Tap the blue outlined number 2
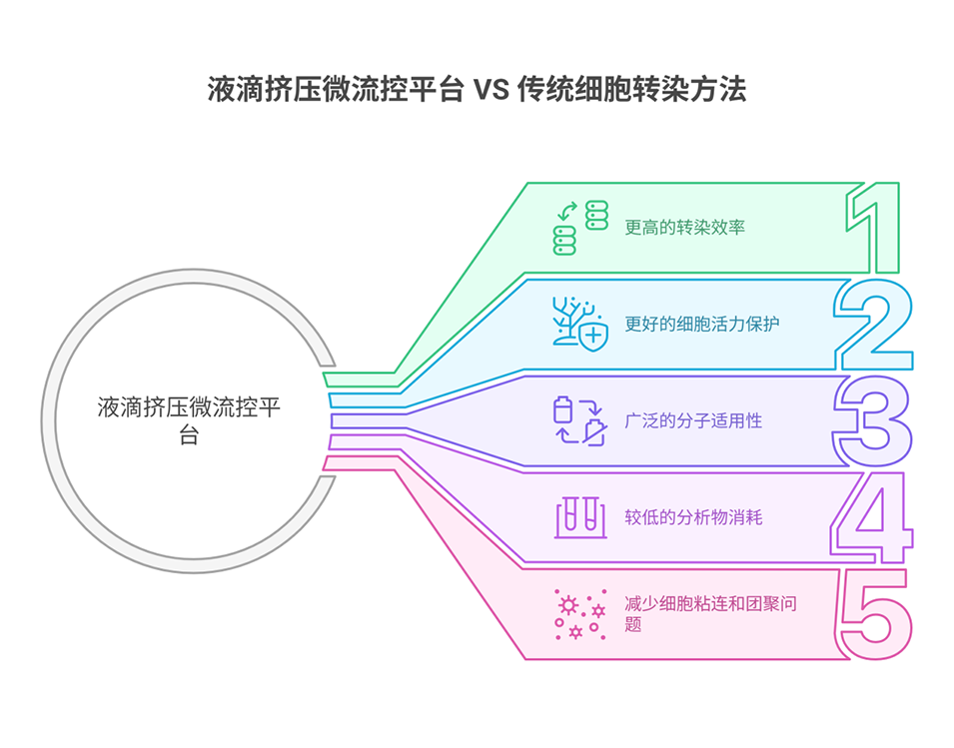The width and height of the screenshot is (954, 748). pos(874,325)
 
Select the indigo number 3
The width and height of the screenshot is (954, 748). pos(873,420)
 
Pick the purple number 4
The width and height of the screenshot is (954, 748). pos(873,517)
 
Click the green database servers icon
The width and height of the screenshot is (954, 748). pos(580,228)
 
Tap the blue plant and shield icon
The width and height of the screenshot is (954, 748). pos(579,322)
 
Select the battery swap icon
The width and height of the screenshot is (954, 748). pos(579,420)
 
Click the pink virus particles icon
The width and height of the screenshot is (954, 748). pos(580,613)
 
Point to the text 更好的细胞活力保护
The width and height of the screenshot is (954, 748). pos(701,324)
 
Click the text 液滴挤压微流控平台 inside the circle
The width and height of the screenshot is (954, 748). pos(189,420)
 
